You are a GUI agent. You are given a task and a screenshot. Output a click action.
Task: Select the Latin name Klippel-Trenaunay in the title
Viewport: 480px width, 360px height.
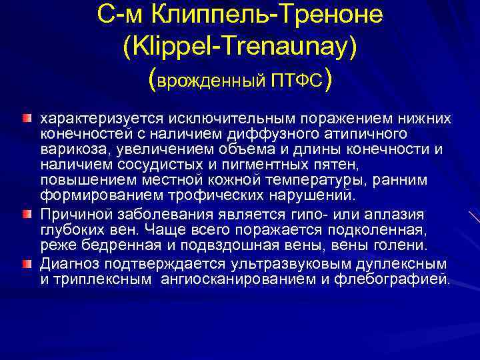240,47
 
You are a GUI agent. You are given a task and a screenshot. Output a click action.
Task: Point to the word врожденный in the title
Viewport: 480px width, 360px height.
211,81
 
